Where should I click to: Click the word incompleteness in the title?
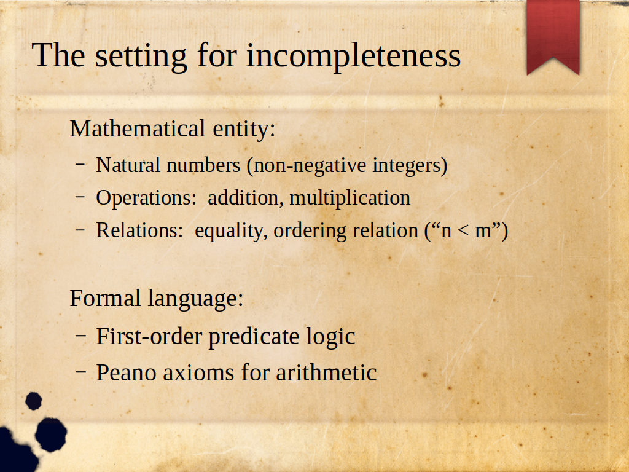pos(353,56)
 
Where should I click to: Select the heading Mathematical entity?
pos(173,129)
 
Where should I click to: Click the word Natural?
pos(128,165)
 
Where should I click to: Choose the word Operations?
pos(146,199)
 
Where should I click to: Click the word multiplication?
pos(350,199)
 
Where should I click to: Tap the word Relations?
pos(139,230)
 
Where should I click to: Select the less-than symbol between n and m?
pos(463,231)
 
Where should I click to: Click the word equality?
pos(231,231)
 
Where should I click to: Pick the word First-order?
pos(149,336)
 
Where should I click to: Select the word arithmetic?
pos(326,373)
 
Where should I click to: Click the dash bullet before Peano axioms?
pos(80,372)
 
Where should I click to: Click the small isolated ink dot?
pos(34,401)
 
